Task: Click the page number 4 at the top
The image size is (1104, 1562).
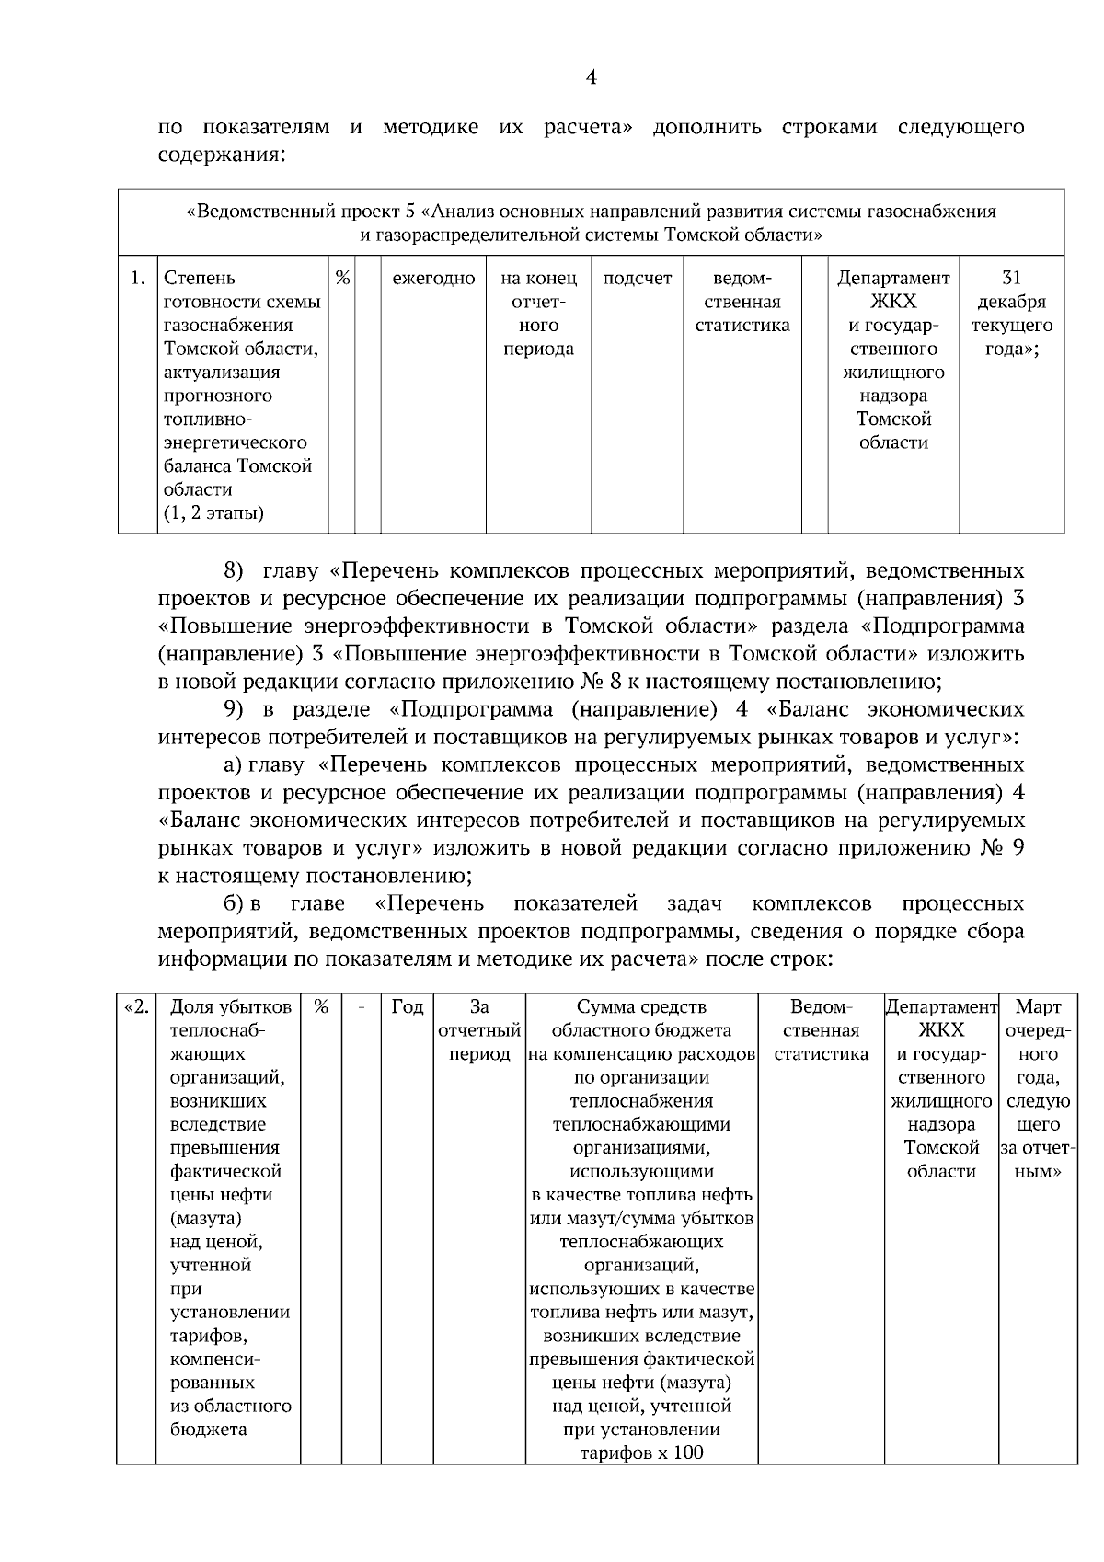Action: [591, 78]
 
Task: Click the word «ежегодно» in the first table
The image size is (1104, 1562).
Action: [433, 278]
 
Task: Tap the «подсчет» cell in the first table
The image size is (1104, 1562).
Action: [637, 278]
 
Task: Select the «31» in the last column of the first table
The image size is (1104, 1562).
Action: [1011, 278]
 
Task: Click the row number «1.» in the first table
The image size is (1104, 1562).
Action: [137, 278]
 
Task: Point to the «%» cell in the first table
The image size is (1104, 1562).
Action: [342, 278]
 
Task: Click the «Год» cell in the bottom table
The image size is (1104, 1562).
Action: [407, 1007]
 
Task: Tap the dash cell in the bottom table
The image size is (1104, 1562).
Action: [362, 1007]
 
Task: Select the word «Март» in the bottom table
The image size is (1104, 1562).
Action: [1038, 1007]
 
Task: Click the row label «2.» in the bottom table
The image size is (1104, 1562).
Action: [136, 1007]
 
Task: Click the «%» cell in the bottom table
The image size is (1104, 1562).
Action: [321, 1007]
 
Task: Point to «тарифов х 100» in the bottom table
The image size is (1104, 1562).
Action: [641, 1453]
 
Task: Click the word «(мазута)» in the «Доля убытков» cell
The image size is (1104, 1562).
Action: [206, 1219]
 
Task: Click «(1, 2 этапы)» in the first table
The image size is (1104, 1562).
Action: [213, 513]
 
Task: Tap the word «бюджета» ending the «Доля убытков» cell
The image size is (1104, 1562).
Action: [209, 1430]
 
